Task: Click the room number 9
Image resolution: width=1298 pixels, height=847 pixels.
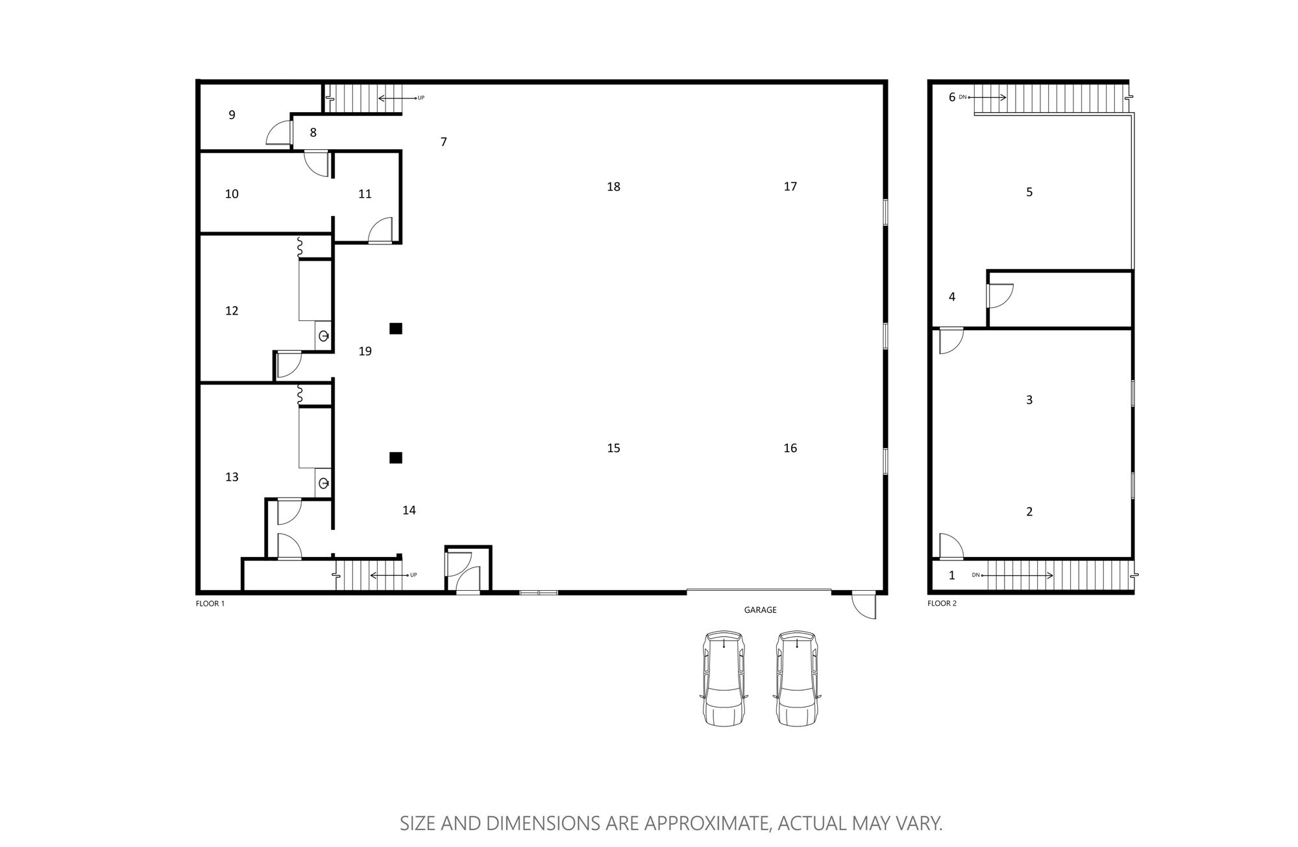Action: click(x=232, y=115)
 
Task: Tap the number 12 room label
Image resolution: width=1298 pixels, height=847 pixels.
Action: click(x=232, y=311)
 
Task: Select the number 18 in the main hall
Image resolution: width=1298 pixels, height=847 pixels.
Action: click(x=613, y=187)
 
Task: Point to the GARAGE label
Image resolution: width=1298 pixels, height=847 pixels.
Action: click(x=760, y=610)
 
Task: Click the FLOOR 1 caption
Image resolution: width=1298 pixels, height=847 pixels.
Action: click(x=210, y=604)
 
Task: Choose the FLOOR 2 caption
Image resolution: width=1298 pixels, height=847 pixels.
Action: click(x=942, y=604)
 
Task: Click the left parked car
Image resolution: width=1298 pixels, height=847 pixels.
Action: click(x=724, y=678)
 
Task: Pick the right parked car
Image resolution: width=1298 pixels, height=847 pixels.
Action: click(x=797, y=678)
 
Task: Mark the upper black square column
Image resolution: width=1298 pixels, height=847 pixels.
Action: click(x=396, y=329)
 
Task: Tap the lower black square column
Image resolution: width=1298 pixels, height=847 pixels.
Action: click(x=396, y=458)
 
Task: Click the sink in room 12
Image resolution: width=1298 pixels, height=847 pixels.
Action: click(x=323, y=336)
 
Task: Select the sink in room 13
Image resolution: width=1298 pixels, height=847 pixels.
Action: click(x=323, y=483)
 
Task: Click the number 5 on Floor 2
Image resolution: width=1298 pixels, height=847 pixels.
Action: click(x=1029, y=192)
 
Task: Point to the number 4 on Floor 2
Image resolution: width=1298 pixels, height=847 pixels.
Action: click(x=952, y=297)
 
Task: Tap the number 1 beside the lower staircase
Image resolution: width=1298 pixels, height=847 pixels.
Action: click(x=952, y=575)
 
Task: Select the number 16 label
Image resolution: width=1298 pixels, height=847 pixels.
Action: click(x=790, y=448)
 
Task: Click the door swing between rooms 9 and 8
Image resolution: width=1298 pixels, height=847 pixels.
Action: click(x=279, y=134)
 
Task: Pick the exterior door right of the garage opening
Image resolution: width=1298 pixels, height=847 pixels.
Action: click(x=864, y=605)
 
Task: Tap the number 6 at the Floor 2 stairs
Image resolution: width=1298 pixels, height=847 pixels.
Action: click(x=952, y=97)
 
